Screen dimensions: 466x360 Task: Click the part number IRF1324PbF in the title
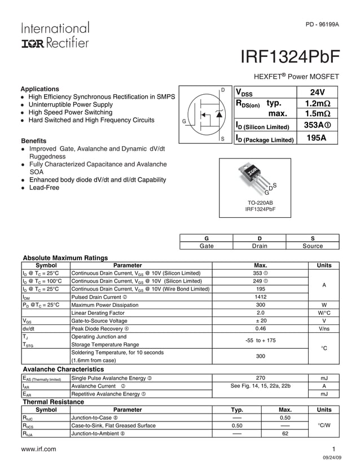[x=290, y=58]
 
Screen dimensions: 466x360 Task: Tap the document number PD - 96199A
[x=322, y=25]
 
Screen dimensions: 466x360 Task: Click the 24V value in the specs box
[x=317, y=93]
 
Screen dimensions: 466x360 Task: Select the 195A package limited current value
[x=316, y=138]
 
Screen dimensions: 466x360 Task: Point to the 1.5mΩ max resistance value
[x=317, y=115]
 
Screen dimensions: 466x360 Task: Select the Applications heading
[x=39, y=89]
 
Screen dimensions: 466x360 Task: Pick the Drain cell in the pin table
[x=259, y=246]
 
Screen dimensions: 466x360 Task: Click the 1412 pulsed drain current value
[x=260, y=297]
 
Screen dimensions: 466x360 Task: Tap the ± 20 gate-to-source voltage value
[x=260, y=320]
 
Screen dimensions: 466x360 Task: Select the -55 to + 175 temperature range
[x=260, y=341]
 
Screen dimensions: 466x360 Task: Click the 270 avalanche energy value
[x=260, y=378]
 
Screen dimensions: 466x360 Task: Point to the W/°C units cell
[x=324, y=313]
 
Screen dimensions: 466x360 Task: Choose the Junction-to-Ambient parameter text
[x=98, y=434]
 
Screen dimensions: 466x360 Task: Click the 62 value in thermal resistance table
[x=285, y=434]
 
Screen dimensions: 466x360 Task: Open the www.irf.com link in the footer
[x=38, y=449]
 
